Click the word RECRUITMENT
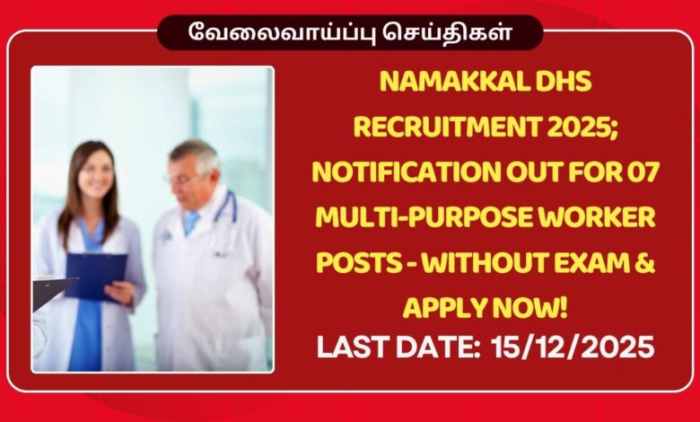[430, 127]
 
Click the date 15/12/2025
[573, 347]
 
